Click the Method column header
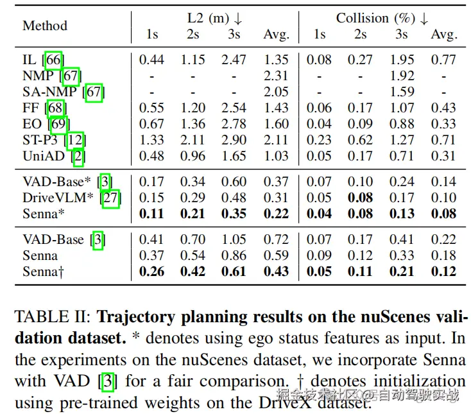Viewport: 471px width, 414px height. [x=45, y=26]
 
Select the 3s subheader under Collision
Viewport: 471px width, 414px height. [x=402, y=34]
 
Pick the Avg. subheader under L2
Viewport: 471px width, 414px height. [x=277, y=35]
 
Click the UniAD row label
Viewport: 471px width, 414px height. [x=44, y=156]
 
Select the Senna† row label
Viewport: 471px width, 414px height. [x=43, y=272]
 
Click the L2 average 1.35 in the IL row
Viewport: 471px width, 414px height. [x=276, y=60]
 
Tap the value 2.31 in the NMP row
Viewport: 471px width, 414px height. [x=276, y=76]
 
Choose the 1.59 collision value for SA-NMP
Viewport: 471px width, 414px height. [x=402, y=92]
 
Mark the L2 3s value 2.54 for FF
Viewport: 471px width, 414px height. [x=234, y=108]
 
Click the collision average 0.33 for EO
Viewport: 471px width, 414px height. [x=443, y=124]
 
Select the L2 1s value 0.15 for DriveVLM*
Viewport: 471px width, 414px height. [x=151, y=198]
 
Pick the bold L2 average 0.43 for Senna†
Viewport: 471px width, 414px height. [x=276, y=272]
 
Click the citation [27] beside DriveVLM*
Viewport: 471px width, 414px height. [x=110, y=198]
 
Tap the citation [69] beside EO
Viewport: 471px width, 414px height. [x=58, y=125]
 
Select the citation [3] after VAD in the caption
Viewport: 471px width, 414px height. [x=108, y=381]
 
